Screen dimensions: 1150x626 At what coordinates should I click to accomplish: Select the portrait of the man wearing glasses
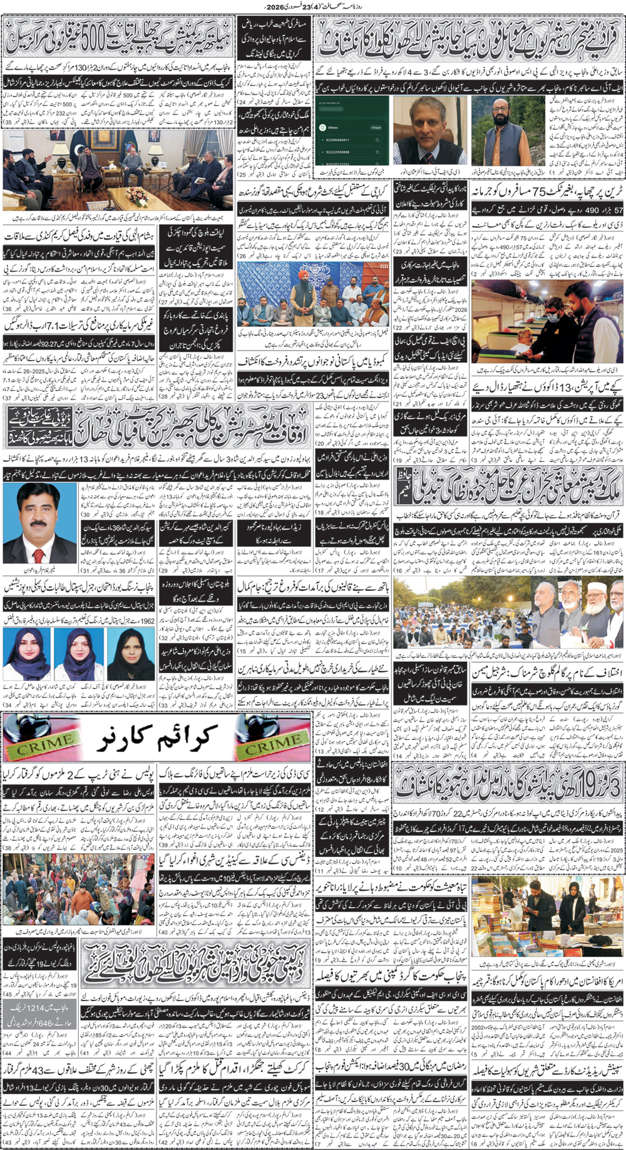[425, 128]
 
